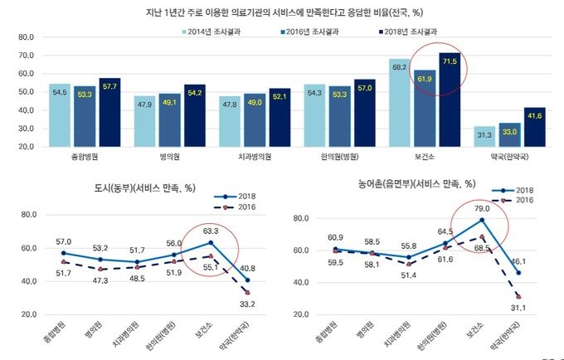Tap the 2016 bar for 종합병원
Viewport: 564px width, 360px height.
click(x=85, y=116)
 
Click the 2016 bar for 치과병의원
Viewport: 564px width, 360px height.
click(x=254, y=120)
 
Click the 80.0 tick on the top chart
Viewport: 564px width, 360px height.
click(x=22, y=37)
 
